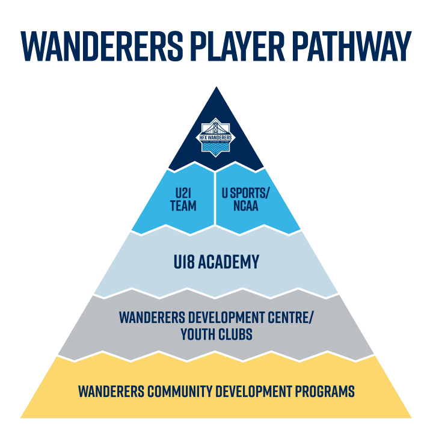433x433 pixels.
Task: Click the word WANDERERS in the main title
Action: click(102, 46)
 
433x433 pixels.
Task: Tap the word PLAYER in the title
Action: click(238, 46)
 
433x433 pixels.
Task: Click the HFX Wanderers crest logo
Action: click(216, 137)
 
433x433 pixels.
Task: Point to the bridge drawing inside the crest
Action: click(216, 128)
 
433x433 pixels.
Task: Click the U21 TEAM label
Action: click(183, 200)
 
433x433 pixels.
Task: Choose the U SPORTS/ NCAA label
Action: click(245, 200)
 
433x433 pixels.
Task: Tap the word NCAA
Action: click(246, 206)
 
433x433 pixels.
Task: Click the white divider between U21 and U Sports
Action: click(215, 198)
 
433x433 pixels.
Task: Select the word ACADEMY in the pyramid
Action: click(229, 262)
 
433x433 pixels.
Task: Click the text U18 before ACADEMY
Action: click(184, 262)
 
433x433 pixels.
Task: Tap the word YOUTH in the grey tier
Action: click(198, 334)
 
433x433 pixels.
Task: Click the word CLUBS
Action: click(235, 334)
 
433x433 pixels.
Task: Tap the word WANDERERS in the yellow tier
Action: click(111, 392)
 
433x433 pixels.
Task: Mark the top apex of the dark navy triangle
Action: click(216, 87)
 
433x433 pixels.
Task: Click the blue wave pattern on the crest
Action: click(216, 146)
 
